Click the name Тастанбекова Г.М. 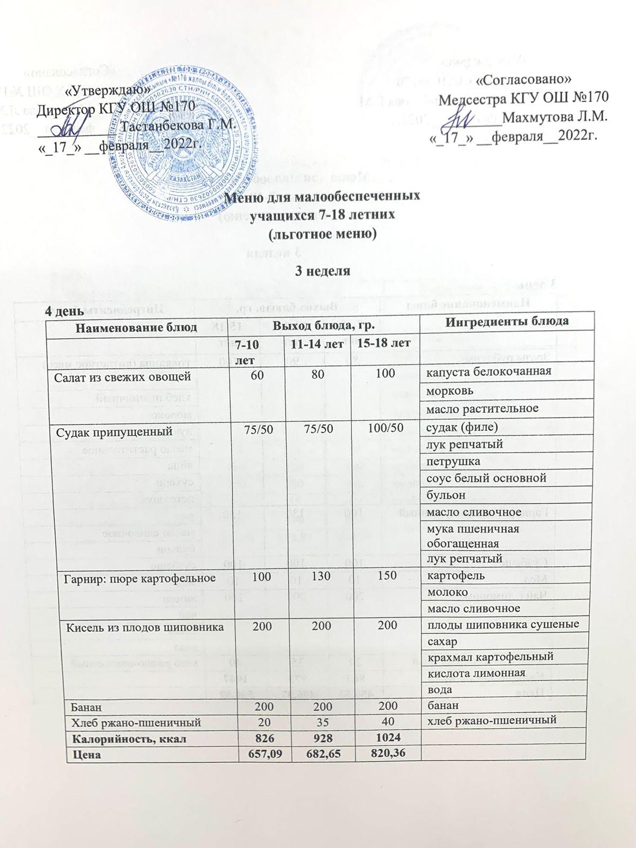pos(177,126)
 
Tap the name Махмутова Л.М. pos(554,116)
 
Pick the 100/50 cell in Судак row pos(383,430)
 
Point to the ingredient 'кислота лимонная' pos(475,673)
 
